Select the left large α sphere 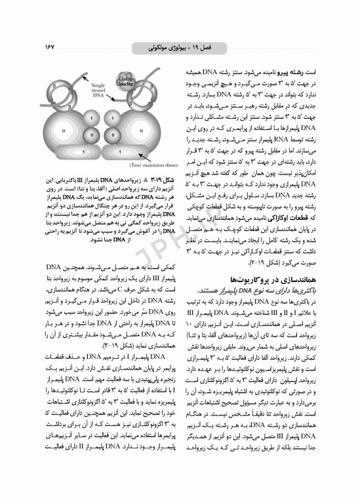click(64, 131)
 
